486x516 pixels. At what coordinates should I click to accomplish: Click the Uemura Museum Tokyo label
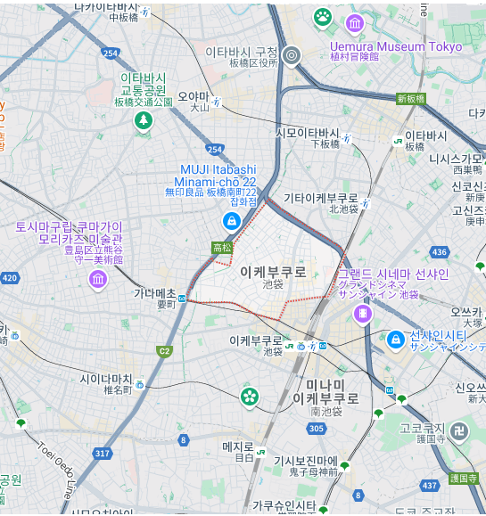(396, 46)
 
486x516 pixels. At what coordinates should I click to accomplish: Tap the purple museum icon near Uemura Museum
(355, 23)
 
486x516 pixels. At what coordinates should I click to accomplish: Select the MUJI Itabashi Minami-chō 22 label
(218, 176)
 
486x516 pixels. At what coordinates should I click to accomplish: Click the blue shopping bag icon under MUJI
(230, 220)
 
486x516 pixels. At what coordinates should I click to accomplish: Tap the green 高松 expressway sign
(222, 248)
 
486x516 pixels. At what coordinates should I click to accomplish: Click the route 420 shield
(9, 278)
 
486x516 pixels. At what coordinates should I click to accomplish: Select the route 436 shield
(439, 252)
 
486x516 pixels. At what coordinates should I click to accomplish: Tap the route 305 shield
(316, 429)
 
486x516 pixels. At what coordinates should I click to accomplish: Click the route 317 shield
(103, 454)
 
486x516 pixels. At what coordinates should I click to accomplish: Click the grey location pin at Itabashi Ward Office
(290, 57)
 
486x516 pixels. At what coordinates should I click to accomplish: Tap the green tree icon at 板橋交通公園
(143, 120)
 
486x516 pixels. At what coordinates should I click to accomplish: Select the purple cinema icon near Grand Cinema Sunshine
(362, 313)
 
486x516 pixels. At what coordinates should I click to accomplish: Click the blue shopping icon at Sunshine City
(395, 339)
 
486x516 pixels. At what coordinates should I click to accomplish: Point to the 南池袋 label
(319, 414)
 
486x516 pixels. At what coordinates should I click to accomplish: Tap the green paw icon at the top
(322, 16)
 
